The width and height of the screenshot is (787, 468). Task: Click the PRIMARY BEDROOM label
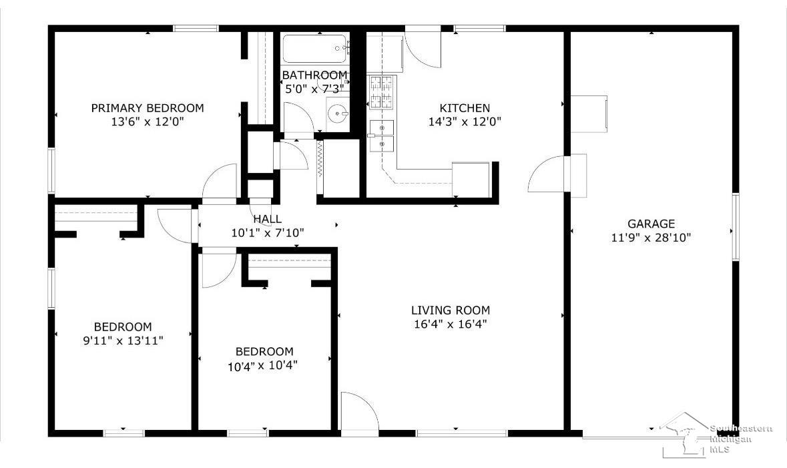click(x=148, y=108)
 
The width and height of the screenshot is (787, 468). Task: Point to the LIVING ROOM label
click(x=451, y=310)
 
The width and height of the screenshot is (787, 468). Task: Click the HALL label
click(x=267, y=219)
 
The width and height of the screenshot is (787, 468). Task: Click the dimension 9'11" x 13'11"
click(x=123, y=340)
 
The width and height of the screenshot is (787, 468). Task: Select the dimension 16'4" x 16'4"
click(x=451, y=324)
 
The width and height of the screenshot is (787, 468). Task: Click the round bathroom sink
click(x=338, y=113)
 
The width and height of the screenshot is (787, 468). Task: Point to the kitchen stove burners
click(x=382, y=93)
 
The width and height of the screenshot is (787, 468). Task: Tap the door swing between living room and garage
click(x=546, y=175)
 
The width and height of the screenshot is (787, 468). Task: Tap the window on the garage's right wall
click(x=735, y=227)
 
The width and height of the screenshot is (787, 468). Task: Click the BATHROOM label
click(x=315, y=75)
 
